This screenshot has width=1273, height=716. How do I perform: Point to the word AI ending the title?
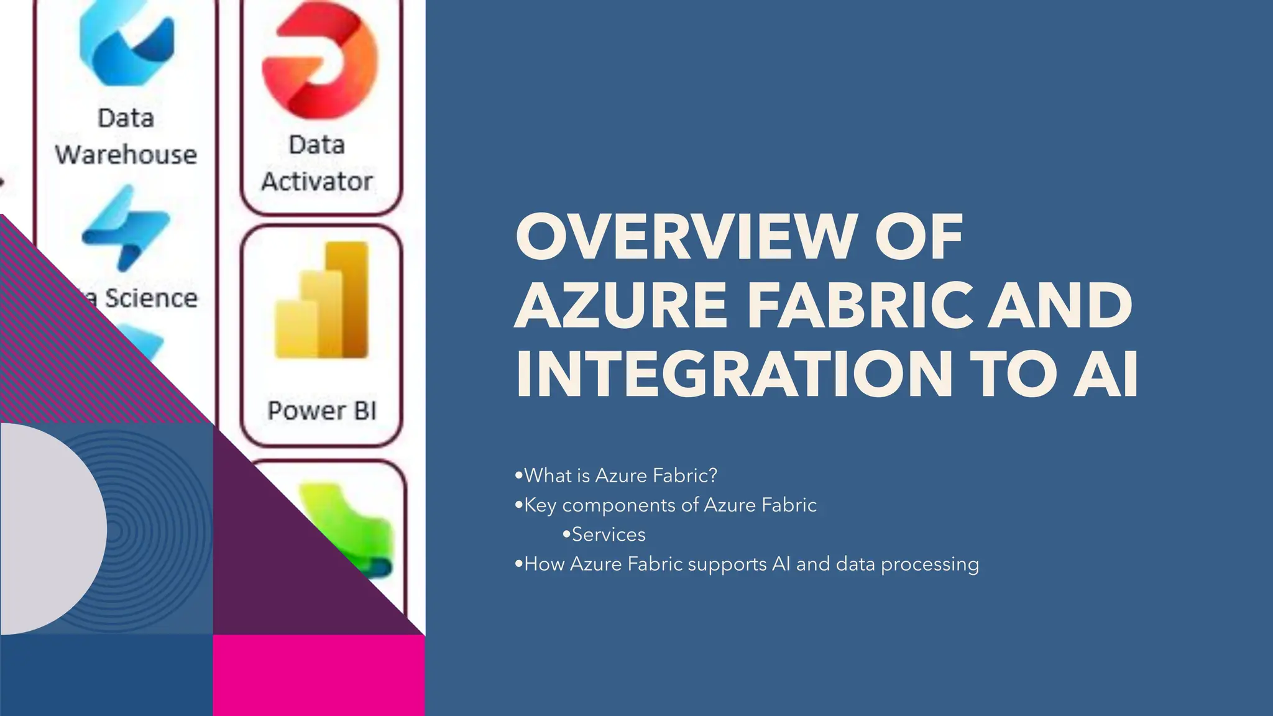click(1106, 374)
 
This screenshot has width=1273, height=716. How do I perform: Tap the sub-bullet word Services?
click(608, 535)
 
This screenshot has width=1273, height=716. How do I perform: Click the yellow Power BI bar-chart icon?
click(322, 301)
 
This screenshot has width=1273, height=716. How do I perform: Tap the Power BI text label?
click(322, 411)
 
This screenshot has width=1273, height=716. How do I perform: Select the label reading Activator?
click(317, 181)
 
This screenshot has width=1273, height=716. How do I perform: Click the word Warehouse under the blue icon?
click(126, 154)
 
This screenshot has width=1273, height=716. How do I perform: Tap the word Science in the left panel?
click(151, 298)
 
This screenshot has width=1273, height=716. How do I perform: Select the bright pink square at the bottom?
click(319, 675)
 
